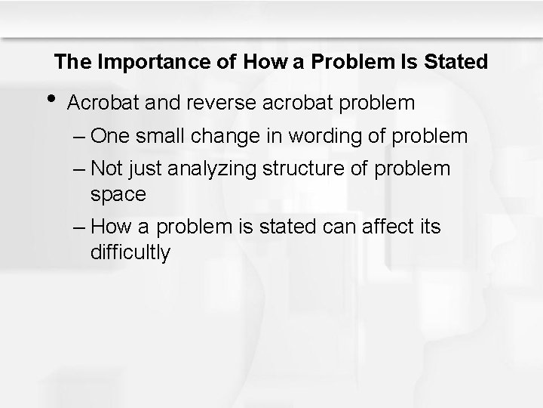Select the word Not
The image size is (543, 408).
[106, 167]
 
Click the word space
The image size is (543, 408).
[118, 194]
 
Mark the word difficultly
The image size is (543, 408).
[130, 252]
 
